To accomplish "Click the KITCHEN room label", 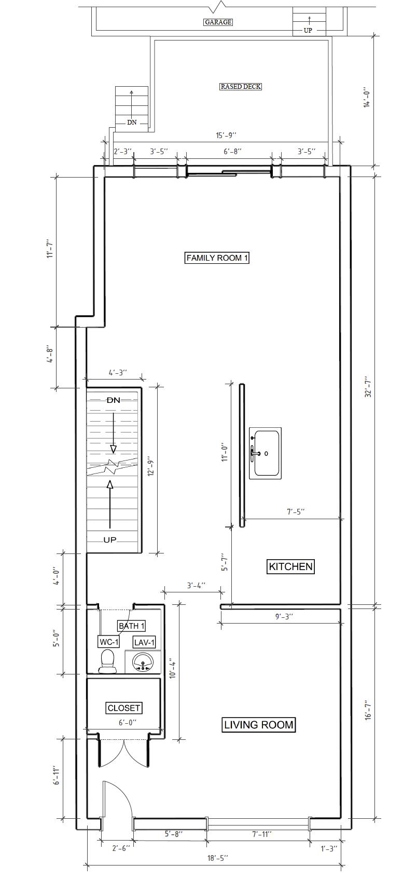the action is [x=291, y=566].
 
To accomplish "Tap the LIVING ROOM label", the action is [x=259, y=724].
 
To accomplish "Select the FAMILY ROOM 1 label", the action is [x=217, y=258].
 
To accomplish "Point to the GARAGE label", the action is [x=218, y=22].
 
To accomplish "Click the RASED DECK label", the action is [x=241, y=86].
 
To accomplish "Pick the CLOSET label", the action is [x=124, y=697].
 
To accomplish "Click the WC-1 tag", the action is [x=109, y=642].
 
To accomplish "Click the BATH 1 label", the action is [x=132, y=626].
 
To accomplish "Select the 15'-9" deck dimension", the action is [x=226, y=136].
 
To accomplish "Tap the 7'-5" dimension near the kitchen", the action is [x=296, y=512].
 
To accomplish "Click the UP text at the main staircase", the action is [x=110, y=540].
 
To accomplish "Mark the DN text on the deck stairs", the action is [x=132, y=123].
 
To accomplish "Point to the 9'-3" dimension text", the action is [x=284, y=616].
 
